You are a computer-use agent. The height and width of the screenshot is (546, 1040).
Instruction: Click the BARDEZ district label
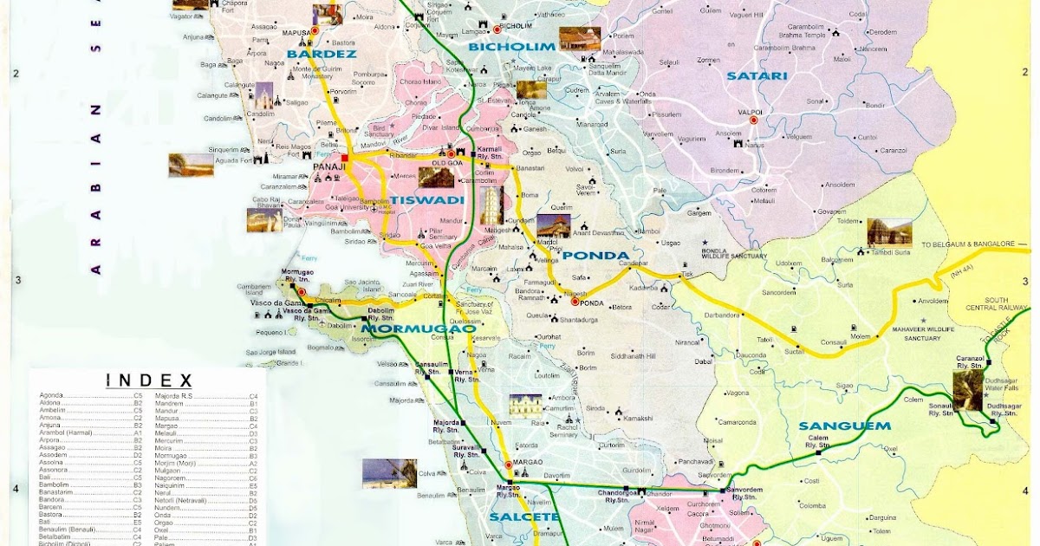(310, 55)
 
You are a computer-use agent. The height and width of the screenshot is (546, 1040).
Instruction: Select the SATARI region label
(757, 75)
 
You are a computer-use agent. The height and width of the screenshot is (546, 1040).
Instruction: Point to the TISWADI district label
(426, 200)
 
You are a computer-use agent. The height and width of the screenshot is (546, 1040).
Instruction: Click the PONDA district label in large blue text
(595, 256)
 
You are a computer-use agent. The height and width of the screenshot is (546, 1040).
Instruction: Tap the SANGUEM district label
(844, 426)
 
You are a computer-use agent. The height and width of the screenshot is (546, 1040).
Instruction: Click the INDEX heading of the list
(148, 380)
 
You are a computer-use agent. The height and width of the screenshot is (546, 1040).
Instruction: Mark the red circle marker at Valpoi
(753, 120)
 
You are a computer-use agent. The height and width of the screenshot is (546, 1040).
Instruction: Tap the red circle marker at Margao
(508, 465)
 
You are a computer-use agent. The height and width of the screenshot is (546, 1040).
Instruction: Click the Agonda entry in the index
(52, 396)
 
